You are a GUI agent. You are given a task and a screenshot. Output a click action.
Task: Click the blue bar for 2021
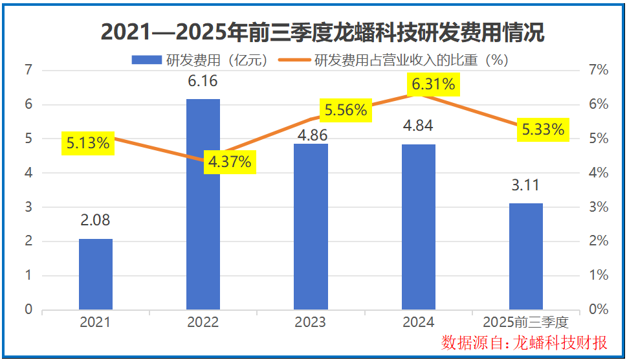pyautogui.click(x=96, y=274)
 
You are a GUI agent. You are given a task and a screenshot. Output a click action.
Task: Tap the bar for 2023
pyautogui.click(x=311, y=227)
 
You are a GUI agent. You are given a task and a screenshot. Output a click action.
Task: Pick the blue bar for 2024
pyautogui.click(x=418, y=227)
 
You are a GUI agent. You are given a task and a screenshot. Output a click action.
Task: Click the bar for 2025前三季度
pyautogui.click(x=525, y=256)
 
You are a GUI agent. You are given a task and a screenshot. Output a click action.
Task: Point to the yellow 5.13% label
pyautogui.click(x=88, y=144)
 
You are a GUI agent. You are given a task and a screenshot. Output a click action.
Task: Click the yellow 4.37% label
pyautogui.click(x=230, y=162)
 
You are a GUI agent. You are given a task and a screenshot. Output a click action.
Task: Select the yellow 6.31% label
pyautogui.click(x=434, y=84)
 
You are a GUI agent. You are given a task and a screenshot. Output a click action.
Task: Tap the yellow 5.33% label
pyautogui.click(x=543, y=130)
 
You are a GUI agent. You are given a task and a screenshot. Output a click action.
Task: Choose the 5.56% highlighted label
pyautogui.click(x=346, y=110)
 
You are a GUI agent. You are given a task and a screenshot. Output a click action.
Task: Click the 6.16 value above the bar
pyautogui.click(x=203, y=82)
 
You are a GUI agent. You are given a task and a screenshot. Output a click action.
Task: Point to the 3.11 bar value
pyautogui.click(x=525, y=186)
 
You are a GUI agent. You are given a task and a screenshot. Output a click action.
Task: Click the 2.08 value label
pyautogui.click(x=95, y=220)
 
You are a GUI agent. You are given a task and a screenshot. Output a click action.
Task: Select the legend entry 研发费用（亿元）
pyautogui.click(x=201, y=60)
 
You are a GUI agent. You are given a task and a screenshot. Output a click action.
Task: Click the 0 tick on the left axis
pyautogui.click(x=28, y=309)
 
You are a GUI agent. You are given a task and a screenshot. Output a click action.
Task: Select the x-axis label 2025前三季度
pyautogui.click(x=525, y=322)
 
